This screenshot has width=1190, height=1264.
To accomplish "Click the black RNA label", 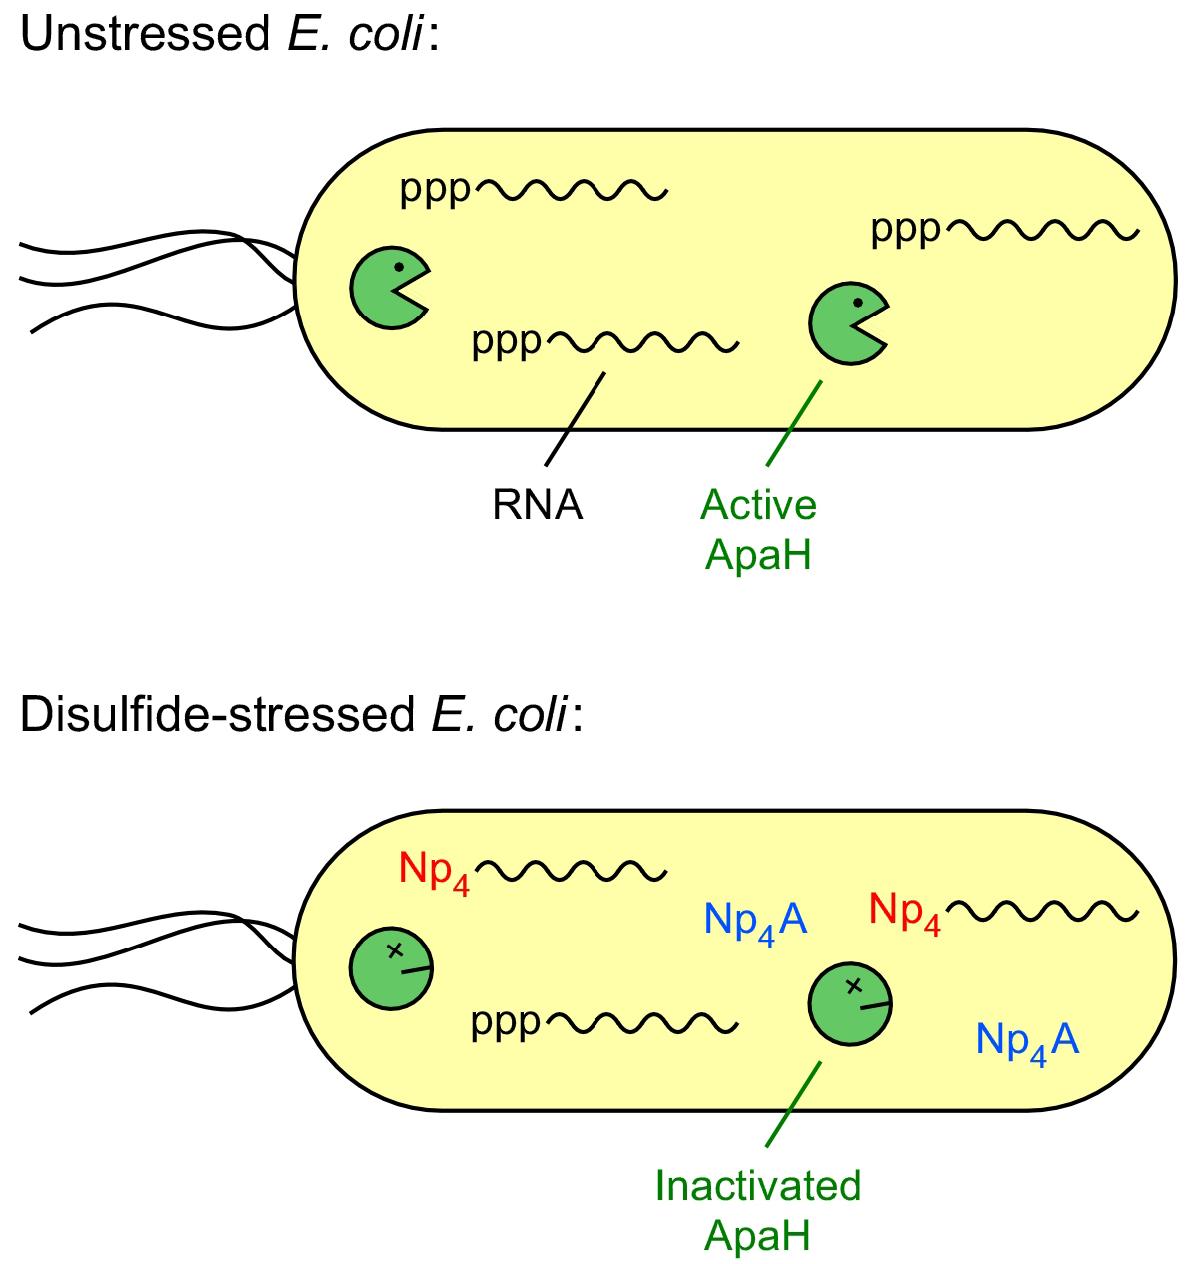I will tap(537, 505).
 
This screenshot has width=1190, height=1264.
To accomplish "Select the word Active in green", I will tap(758, 505).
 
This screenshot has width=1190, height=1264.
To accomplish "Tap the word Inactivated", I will tap(757, 1186).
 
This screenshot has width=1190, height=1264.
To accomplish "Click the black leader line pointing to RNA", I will tap(576, 419).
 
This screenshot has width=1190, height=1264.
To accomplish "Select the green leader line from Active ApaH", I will tap(794, 423).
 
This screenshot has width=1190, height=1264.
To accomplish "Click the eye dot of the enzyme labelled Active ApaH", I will tap(857, 303).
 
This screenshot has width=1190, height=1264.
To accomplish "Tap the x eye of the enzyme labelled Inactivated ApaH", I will tap(853, 986).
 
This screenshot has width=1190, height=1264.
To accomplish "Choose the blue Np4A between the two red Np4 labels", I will tap(755, 920).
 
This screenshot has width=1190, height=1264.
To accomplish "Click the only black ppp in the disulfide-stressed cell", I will tap(506, 1022).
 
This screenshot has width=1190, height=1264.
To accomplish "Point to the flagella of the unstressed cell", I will tap(150, 280).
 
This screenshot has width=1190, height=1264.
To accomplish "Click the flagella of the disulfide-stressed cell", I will tap(150, 960).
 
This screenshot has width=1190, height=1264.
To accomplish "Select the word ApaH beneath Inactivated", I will tap(757, 1236).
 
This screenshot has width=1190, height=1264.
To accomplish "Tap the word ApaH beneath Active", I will tap(758, 555).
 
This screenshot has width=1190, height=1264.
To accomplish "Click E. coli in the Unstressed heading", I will tap(356, 35).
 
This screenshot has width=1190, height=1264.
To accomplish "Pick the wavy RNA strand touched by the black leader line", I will tap(644, 343).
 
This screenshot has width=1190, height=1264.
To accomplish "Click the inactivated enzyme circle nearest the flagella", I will tap(389, 968).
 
